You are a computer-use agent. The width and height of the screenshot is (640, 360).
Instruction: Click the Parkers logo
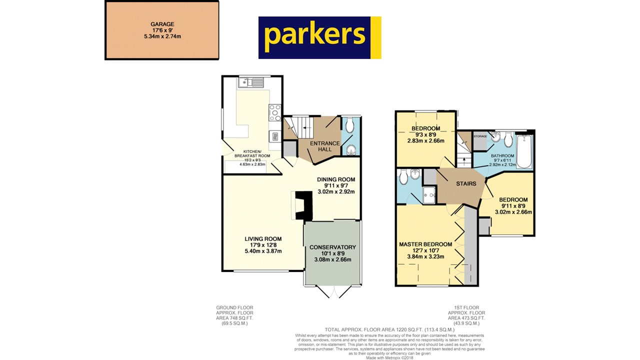pos(319,37)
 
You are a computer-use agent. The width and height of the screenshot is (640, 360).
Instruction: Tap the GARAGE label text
pos(162,24)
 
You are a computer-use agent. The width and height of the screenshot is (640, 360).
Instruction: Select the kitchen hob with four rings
pos(275,112)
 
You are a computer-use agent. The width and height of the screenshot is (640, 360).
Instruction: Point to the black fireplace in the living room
pos(303,205)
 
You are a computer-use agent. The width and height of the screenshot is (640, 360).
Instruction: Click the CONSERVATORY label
pos(332,247)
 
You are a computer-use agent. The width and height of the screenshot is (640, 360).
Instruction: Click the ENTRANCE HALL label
pos(325,146)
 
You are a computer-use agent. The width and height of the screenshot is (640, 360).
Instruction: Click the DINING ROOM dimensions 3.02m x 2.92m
pos(336,191)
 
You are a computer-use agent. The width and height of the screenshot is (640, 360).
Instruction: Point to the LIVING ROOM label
pos(263,239)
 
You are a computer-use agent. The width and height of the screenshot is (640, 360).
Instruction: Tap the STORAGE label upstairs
pos(480,136)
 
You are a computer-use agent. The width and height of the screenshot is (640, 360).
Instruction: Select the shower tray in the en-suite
pos(428,196)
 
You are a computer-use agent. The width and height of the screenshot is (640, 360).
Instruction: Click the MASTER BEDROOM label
pos(425,244)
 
